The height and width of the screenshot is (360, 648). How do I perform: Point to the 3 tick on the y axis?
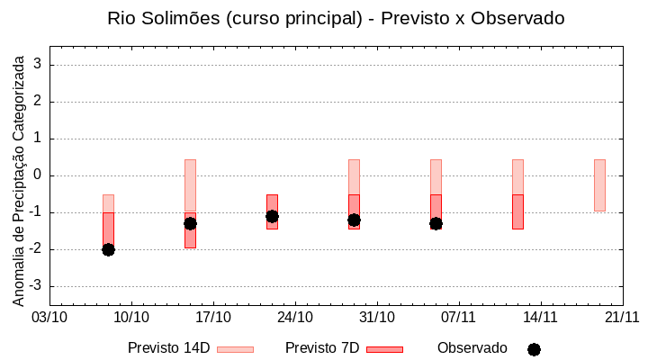pos(39,65)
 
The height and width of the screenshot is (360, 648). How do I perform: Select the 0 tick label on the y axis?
pos(39,175)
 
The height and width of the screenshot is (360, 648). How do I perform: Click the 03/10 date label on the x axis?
pos(49,317)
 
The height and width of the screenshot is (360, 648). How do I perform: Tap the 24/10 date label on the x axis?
pos(295,317)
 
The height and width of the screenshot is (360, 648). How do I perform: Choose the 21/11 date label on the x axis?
pos(622,317)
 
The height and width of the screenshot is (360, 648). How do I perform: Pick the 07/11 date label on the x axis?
pos(459,317)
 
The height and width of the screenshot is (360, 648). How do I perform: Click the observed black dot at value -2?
pos(108,249)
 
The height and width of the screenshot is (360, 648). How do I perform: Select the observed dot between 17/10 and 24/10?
pos(272,216)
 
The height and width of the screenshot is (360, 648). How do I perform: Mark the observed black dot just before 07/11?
pos(436,223)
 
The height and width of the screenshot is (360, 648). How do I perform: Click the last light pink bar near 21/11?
pos(599,185)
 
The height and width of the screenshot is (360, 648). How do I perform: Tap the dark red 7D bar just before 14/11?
pos(517,211)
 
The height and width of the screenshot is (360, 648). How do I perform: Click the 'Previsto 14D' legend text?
pos(168,348)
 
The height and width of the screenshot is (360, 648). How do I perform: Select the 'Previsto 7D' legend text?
pos(322,348)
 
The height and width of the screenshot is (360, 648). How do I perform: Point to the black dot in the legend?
pos(534,349)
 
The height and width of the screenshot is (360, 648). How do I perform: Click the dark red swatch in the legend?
pos(384,349)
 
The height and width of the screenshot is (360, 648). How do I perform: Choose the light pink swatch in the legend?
pos(235,349)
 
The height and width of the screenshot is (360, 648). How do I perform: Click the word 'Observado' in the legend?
pos(472,348)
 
